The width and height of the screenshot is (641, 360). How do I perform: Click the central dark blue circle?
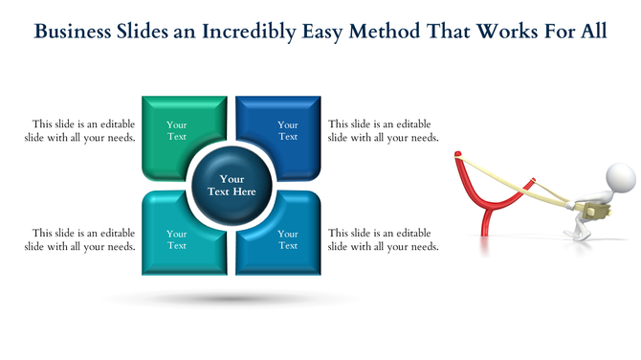click(x=232, y=185)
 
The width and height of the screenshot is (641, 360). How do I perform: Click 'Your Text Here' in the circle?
click(x=232, y=185)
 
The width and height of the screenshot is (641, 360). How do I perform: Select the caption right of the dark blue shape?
click(x=383, y=130)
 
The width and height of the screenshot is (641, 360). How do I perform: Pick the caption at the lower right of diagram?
click(x=383, y=239)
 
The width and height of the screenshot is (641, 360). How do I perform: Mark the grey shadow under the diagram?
click(x=232, y=299)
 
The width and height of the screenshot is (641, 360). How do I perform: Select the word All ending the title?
click(x=593, y=32)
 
